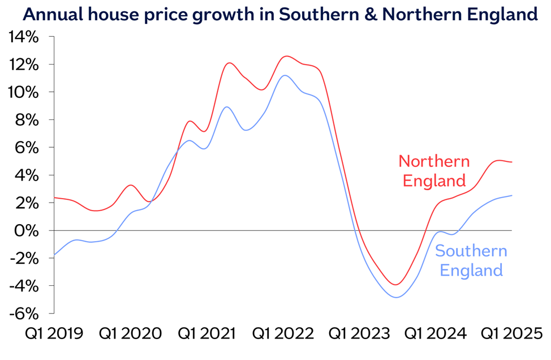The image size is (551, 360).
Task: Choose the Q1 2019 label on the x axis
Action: click(x=53, y=333)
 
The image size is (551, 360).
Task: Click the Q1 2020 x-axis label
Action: click(x=130, y=333)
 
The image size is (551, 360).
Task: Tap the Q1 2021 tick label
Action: click(x=206, y=333)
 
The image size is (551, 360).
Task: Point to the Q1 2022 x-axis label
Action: click(x=283, y=333)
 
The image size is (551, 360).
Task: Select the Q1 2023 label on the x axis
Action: click(x=360, y=333)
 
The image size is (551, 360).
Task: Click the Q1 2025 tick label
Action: click(x=511, y=333)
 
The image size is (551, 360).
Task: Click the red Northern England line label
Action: click(x=434, y=171)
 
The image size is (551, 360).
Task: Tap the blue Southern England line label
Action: click(x=471, y=260)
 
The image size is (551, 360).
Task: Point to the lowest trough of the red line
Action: click(x=397, y=285)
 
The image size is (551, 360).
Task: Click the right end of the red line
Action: click(x=512, y=162)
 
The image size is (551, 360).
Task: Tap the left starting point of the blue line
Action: click(x=54, y=255)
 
